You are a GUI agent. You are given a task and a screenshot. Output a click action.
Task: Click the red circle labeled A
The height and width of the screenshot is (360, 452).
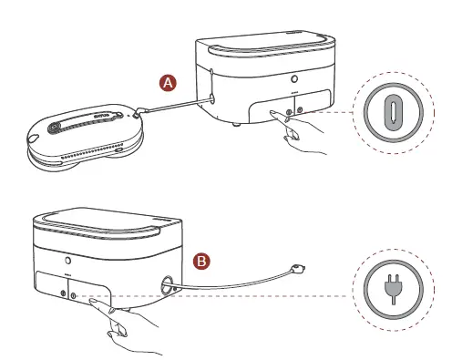167,83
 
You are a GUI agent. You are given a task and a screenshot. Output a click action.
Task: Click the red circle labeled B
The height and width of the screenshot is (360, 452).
204,261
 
